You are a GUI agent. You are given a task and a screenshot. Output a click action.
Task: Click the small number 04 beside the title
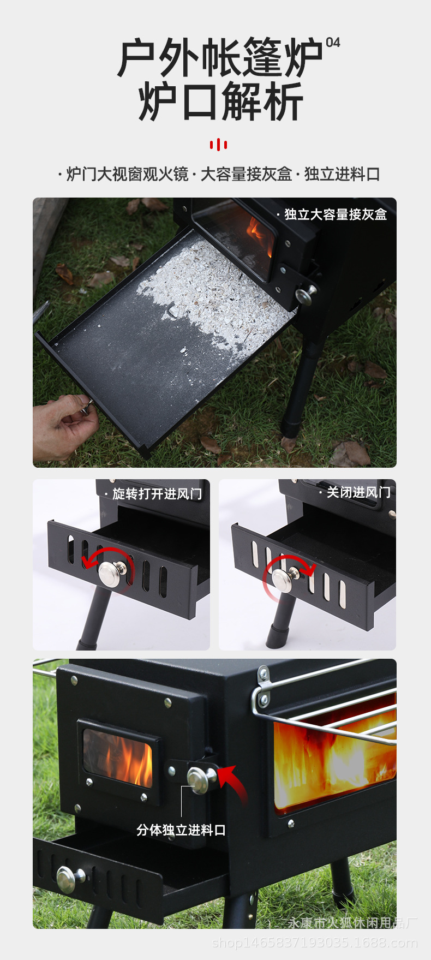click(333, 43)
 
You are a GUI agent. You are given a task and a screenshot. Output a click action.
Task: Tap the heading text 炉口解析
click(220, 102)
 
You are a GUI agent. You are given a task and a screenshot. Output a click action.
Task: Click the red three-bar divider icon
click(218, 145)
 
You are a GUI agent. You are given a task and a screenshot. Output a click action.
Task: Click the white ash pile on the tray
click(218, 289)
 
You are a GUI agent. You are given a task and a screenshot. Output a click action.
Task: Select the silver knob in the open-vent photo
click(111, 574)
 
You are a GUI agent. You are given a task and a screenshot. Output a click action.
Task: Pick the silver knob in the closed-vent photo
click(283, 580)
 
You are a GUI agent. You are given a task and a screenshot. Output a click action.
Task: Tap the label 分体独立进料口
click(181, 830)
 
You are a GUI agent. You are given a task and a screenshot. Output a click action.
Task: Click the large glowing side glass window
click(333, 759)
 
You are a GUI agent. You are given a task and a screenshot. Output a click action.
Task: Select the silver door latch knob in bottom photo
click(198, 779)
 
